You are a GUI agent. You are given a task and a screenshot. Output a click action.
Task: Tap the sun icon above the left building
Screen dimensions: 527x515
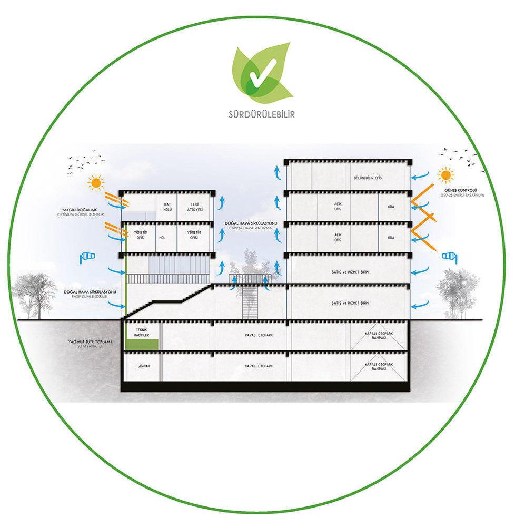point(96,183)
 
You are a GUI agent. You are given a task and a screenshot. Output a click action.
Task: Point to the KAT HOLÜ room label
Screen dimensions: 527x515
point(168,207)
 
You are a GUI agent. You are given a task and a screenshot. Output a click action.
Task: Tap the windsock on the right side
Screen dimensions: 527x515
point(449,256)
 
